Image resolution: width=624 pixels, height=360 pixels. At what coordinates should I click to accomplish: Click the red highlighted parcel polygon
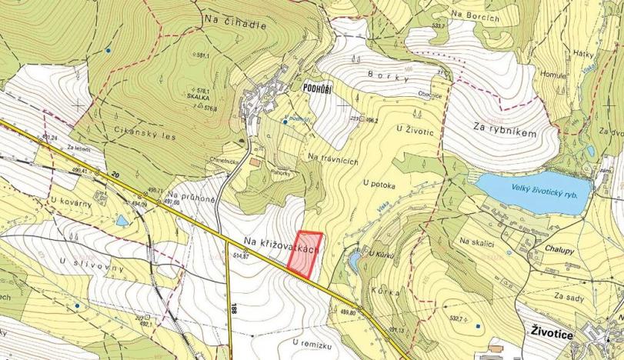point(305,253)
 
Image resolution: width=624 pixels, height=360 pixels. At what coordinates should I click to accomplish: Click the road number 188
point(232,307)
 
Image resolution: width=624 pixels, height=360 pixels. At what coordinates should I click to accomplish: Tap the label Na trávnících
point(334,157)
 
